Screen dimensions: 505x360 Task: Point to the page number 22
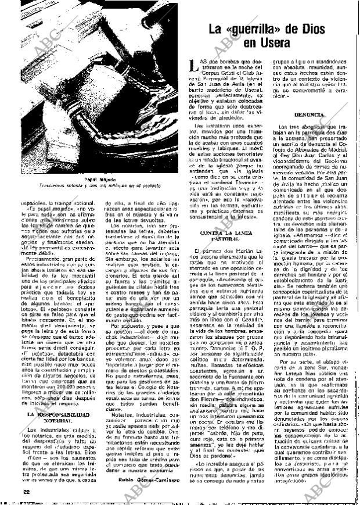(10, 492)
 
